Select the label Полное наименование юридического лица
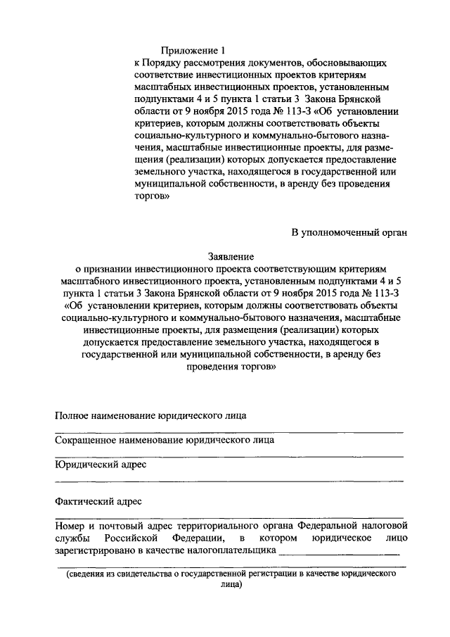click(150, 415)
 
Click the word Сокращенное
click(86, 440)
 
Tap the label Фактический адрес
click(98, 501)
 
